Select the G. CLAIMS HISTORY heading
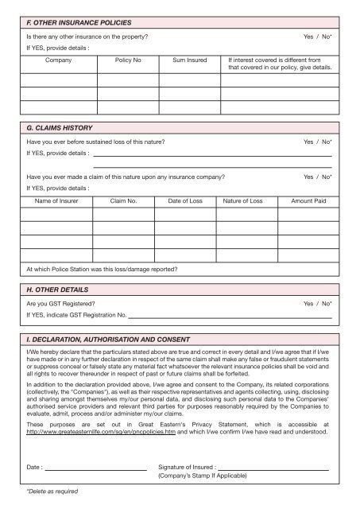[x=61, y=127]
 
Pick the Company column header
[x=60, y=60]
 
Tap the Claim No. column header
[x=124, y=202]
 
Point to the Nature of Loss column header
[x=246, y=202]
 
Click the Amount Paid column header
[x=309, y=202]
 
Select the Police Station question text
[x=102, y=268]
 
